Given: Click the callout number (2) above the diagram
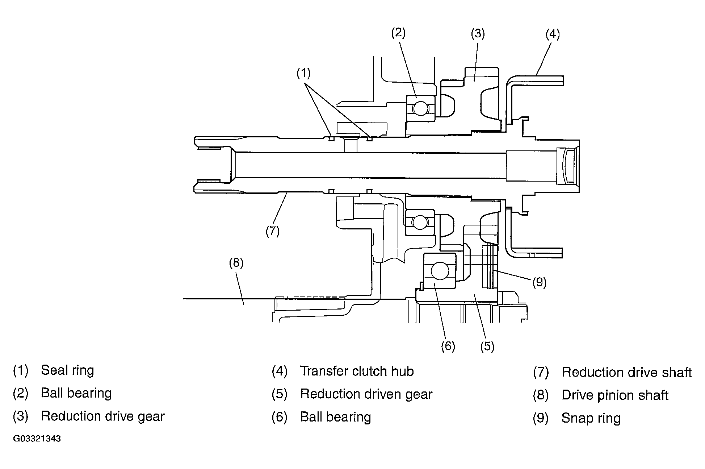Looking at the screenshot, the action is click(398, 33).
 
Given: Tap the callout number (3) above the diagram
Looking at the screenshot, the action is click(478, 34).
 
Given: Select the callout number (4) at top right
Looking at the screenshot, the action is click(553, 34).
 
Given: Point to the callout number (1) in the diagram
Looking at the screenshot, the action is click(303, 73).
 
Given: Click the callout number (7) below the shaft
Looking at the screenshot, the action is click(272, 231).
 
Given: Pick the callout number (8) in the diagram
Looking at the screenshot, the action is click(236, 262).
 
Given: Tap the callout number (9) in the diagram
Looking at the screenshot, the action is click(539, 282).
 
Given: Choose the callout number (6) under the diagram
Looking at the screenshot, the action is click(448, 346).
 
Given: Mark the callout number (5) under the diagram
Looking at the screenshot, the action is click(487, 346).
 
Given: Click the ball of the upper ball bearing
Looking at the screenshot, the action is click(420, 108).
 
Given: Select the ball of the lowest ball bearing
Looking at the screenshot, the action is click(440, 271).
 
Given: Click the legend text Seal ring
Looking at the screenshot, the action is click(67, 370).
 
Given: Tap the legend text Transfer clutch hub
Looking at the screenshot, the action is click(357, 371).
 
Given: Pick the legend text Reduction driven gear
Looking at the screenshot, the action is click(366, 394).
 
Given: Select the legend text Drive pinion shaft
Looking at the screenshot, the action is click(615, 395).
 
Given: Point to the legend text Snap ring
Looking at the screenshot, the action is click(591, 419).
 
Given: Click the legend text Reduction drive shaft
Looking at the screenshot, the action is click(627, 372).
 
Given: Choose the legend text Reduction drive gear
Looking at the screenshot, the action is click(103, 416).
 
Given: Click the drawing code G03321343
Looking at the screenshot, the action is click(37, 439).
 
